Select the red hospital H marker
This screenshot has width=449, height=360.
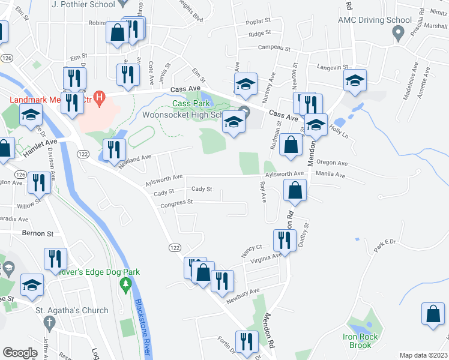pyautogui.click(x=101, y=96)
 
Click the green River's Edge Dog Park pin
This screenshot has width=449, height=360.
pyautogui.click(x=125, y=283)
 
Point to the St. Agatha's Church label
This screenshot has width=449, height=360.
pyautogui.click(x=71, y=310)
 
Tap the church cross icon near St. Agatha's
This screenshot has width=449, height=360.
pyautogui.click(x=50, y=323)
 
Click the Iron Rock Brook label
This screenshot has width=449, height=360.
pyautogui.click(x=360, y=341)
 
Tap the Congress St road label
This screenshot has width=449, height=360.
pyautogui.click(x=176, y=202)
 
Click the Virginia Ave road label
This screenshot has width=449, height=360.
pyautogui.click(x=261, y=257)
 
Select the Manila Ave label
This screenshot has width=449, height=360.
pyautogui.click(x=331, y=175)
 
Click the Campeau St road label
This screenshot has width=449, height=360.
pyautogui.click(x=274, y=48)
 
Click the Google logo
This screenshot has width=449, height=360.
pyautogui.click(x=20, y=353)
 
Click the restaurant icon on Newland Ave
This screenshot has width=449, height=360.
pyautogui.click(x=113, y=151)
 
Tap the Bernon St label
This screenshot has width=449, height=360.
pyautogui.click(x=38, y=232)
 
